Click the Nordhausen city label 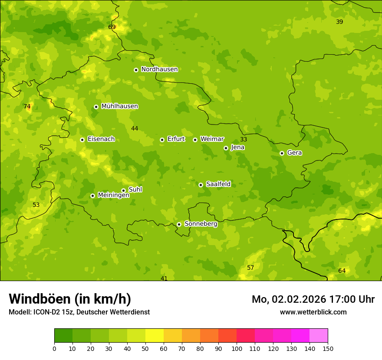(159, 69)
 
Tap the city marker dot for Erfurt (162, 140)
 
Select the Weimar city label (212, 139)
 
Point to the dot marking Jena (226, 148)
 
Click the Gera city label (294, 153)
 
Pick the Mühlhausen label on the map (119, 106)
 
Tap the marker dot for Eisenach (82, 140)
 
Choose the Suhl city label (135, 190)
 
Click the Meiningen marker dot (92, 196)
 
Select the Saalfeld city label (218, 184)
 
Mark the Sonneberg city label (201, 224)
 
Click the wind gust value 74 (27, 106)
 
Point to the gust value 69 (112, 27)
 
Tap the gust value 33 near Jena (244, 139)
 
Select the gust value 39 (339, 22)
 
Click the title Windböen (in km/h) (70, 299)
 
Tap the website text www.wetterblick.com (313, 312)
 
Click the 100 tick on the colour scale (237, 348)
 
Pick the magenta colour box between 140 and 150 (319, 336)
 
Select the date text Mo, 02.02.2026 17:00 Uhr (313, 299)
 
